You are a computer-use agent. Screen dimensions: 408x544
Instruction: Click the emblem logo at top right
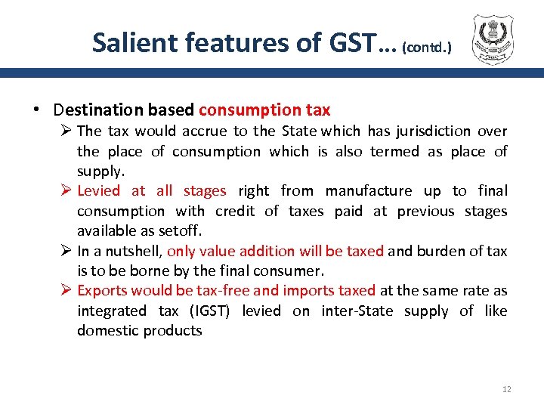tap(496, 39)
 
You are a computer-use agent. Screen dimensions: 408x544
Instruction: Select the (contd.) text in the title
tap(427, 47)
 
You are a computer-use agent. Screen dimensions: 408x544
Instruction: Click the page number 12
tap(506, 389)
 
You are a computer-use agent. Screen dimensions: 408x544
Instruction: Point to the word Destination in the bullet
tap(99, 110)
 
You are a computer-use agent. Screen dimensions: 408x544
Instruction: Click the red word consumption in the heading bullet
tap(245, 110)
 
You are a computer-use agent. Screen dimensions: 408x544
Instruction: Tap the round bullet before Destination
tap(36, 110)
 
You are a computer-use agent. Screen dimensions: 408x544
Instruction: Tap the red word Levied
tap(98, 191)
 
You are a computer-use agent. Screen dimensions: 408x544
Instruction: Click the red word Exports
tap(101, 291)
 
